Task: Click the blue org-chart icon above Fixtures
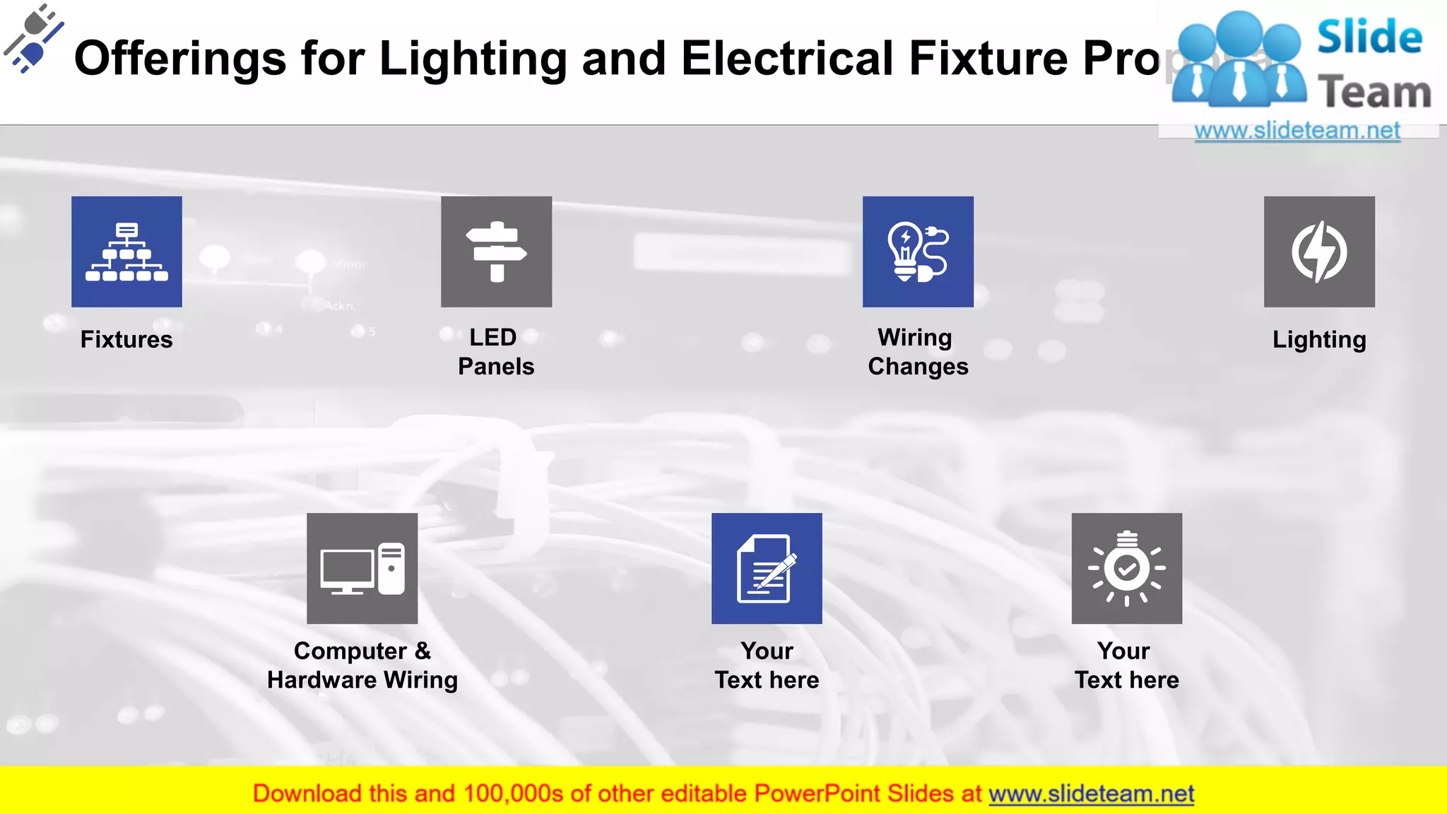126,252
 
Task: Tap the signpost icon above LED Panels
496,252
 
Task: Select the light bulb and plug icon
918,252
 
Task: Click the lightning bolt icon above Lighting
1319,252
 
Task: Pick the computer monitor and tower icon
362,568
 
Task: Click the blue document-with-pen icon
767,568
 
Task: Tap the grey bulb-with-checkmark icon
1126,568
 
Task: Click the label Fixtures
126,340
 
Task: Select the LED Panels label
496,352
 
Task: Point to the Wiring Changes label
918,352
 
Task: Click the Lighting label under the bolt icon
1319,340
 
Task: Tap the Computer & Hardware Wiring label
362,666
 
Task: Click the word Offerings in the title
180,59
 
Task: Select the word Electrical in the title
787,59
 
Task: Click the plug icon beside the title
33,39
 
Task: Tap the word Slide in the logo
1369,37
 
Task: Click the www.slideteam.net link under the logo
1297,131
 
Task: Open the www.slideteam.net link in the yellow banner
1091,794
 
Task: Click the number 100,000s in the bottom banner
513,794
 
